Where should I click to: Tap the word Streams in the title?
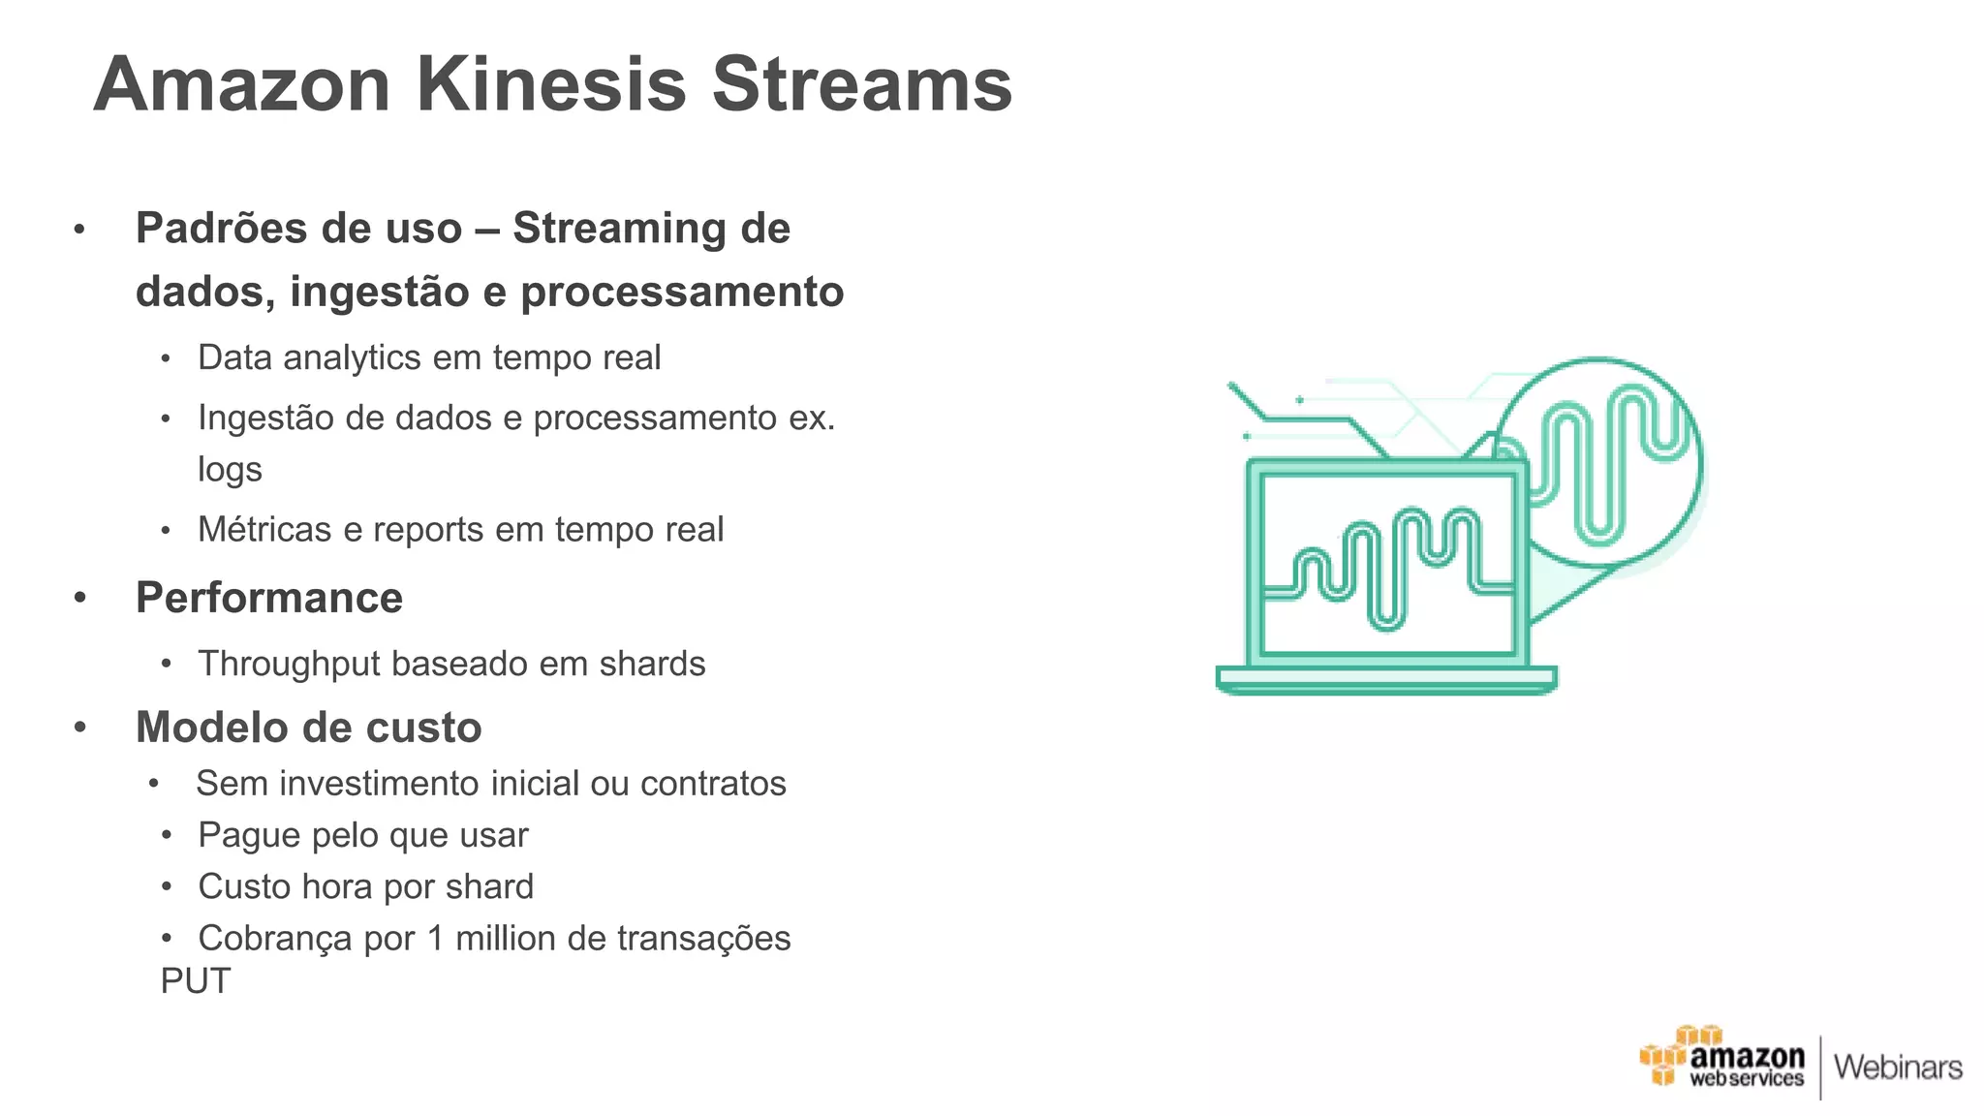click(x=862, y=84)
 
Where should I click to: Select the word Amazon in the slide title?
click(x=242, y=84)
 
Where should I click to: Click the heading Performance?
click(x=269, y=598)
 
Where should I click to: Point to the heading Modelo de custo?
click(x=309, y=728)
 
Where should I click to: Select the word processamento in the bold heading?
click(x=682, y=292)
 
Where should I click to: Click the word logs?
click(x=230, y=470)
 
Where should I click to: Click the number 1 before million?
click(x=435, y=939)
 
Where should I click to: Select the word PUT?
click(x=196, y=981)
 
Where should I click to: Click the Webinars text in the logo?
click(x=1898, y=1068)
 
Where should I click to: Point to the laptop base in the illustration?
click(x=1386, y=679)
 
